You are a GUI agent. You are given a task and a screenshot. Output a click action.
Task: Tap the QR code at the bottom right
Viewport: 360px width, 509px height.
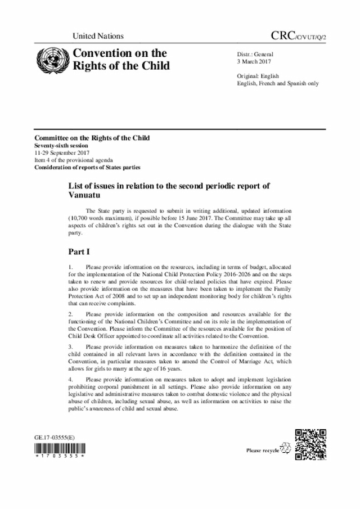[x=310, y=444]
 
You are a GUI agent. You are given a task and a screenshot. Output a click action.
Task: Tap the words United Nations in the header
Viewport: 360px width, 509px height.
[x=98, y=36]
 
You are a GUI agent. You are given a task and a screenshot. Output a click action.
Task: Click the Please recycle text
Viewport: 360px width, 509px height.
[x=262, y=451]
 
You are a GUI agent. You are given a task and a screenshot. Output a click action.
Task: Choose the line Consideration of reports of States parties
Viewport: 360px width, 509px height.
[x=87, y=168]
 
